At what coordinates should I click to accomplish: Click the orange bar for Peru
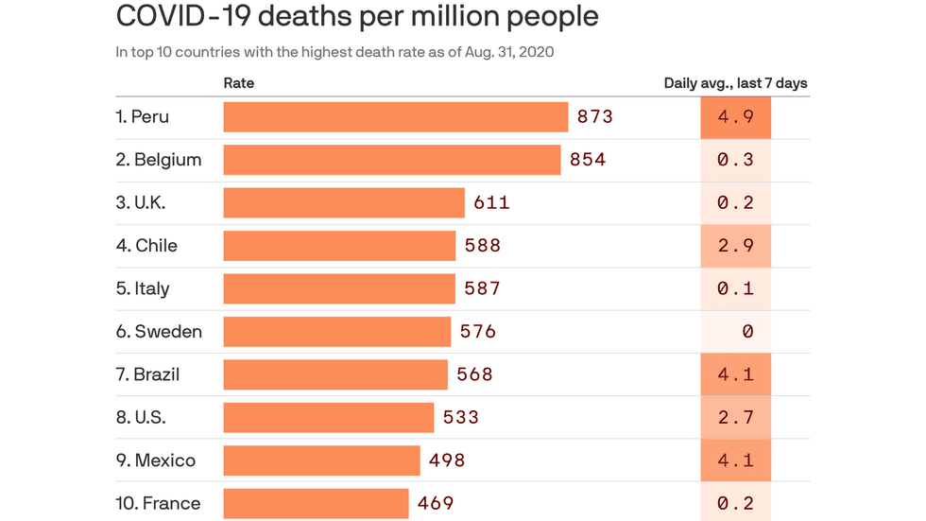coord(395,117)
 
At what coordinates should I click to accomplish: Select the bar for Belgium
coord(391,160)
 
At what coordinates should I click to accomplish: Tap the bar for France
coord(316,503)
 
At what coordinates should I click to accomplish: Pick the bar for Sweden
coord(336,332)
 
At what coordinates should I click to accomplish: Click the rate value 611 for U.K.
coord(491,202)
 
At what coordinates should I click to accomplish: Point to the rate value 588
coord(482,246)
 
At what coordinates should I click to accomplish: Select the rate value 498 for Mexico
coord(447,460)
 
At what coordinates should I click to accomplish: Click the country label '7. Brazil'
coord(147,374)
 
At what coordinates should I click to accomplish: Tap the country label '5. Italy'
coord(143,288)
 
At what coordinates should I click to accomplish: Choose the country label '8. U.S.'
coord(141,417)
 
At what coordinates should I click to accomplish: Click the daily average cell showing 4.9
coord(735,117)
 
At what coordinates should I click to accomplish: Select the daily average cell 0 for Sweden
coord(735,332)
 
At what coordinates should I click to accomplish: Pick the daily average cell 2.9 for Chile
coord(735,246)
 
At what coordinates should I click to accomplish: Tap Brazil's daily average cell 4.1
coord(735,374)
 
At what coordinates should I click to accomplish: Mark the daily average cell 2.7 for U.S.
coord(735,417)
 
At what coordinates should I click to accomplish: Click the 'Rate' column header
coord(239,83)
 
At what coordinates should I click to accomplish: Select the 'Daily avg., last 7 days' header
coord(735,83)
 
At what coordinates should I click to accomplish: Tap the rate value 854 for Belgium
coord(588,160)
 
